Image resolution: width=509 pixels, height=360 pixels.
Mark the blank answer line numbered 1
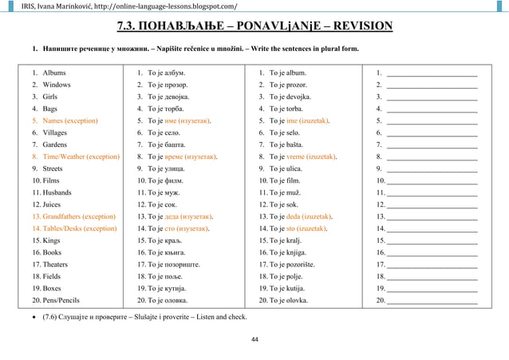pyautogui.click(x=432, y=73)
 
